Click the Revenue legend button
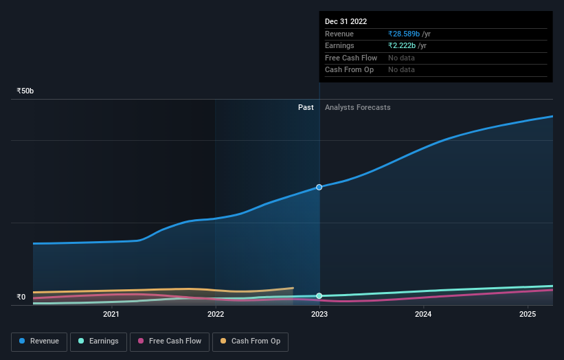[39, 341]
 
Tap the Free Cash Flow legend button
[169, 341]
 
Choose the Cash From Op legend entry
[249, 341]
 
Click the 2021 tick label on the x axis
[111, 315]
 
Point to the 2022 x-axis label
[216, 315]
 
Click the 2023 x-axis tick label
[319, 315]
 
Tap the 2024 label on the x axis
[423, 315]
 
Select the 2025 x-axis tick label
[528, 315]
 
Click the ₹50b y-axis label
[25, 91]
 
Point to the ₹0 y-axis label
[21, 297]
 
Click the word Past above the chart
[306, 107]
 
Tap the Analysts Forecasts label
[357, 107]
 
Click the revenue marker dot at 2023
[319, 187]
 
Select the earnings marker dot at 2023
[319, 296]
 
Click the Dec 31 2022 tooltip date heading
[346, 21]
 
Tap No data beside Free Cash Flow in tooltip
[402, 58]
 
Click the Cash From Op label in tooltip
[349, 70]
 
